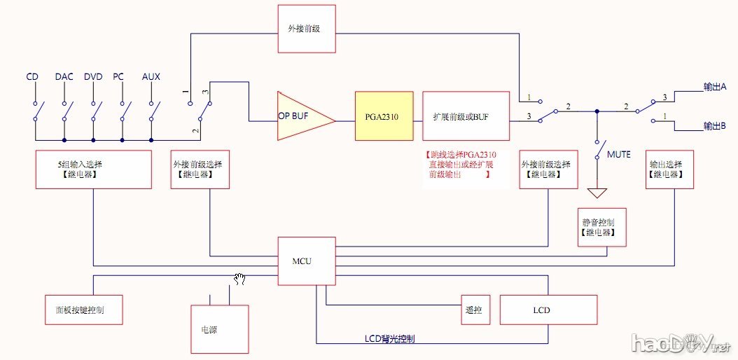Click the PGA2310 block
pyautogui.click(x=382, y=117)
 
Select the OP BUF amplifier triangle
pyautogui.click(x=302, y=117)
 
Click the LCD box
pyautogui.click(x=548, y=310)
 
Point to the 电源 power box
pyautogui.click(x=219, y=329)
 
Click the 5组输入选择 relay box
pyautogui.click(x=93, y=169)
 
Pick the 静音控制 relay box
pyautogui.click(x=601, y=227)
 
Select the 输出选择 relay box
pyautogui.click(x=669, y=169)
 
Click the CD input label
pyautogui.click(x=32, y=76)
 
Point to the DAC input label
pyautogui.click(x=64, y=76)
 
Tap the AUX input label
pyautogui.click(x=151, y=76)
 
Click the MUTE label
pyautogui.click(x=619, y=153)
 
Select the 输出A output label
pyautogui.click(x=714, y=87)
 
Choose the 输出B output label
pyautogui.click(x=714, y=126)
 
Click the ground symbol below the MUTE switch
pyautogui.click(x=597, y=192)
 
